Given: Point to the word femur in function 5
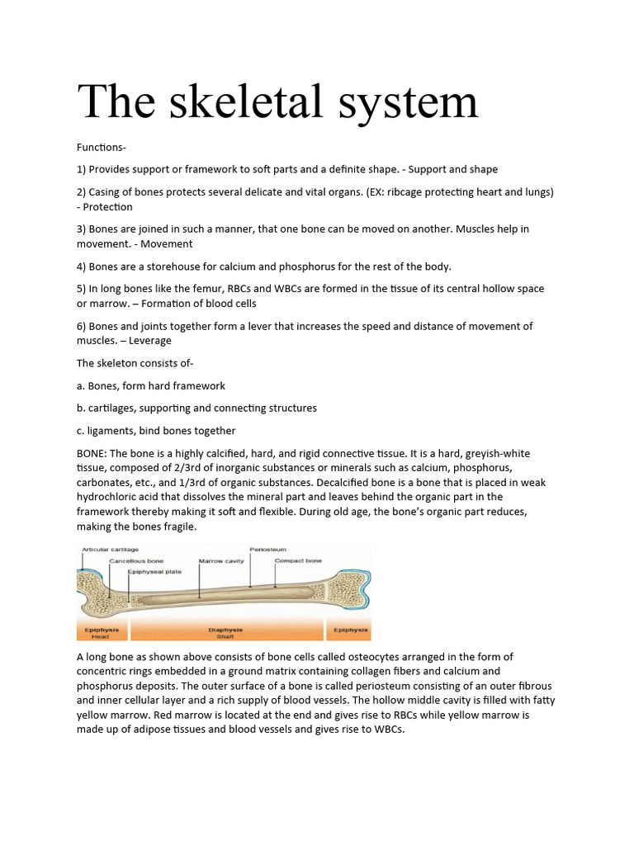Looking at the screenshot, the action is pos(217,289).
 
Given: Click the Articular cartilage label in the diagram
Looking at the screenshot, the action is pos(110,550).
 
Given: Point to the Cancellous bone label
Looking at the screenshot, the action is pos(136,561).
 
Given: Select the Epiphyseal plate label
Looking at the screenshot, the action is pos(154,571).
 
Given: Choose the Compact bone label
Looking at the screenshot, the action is pos(298,561).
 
